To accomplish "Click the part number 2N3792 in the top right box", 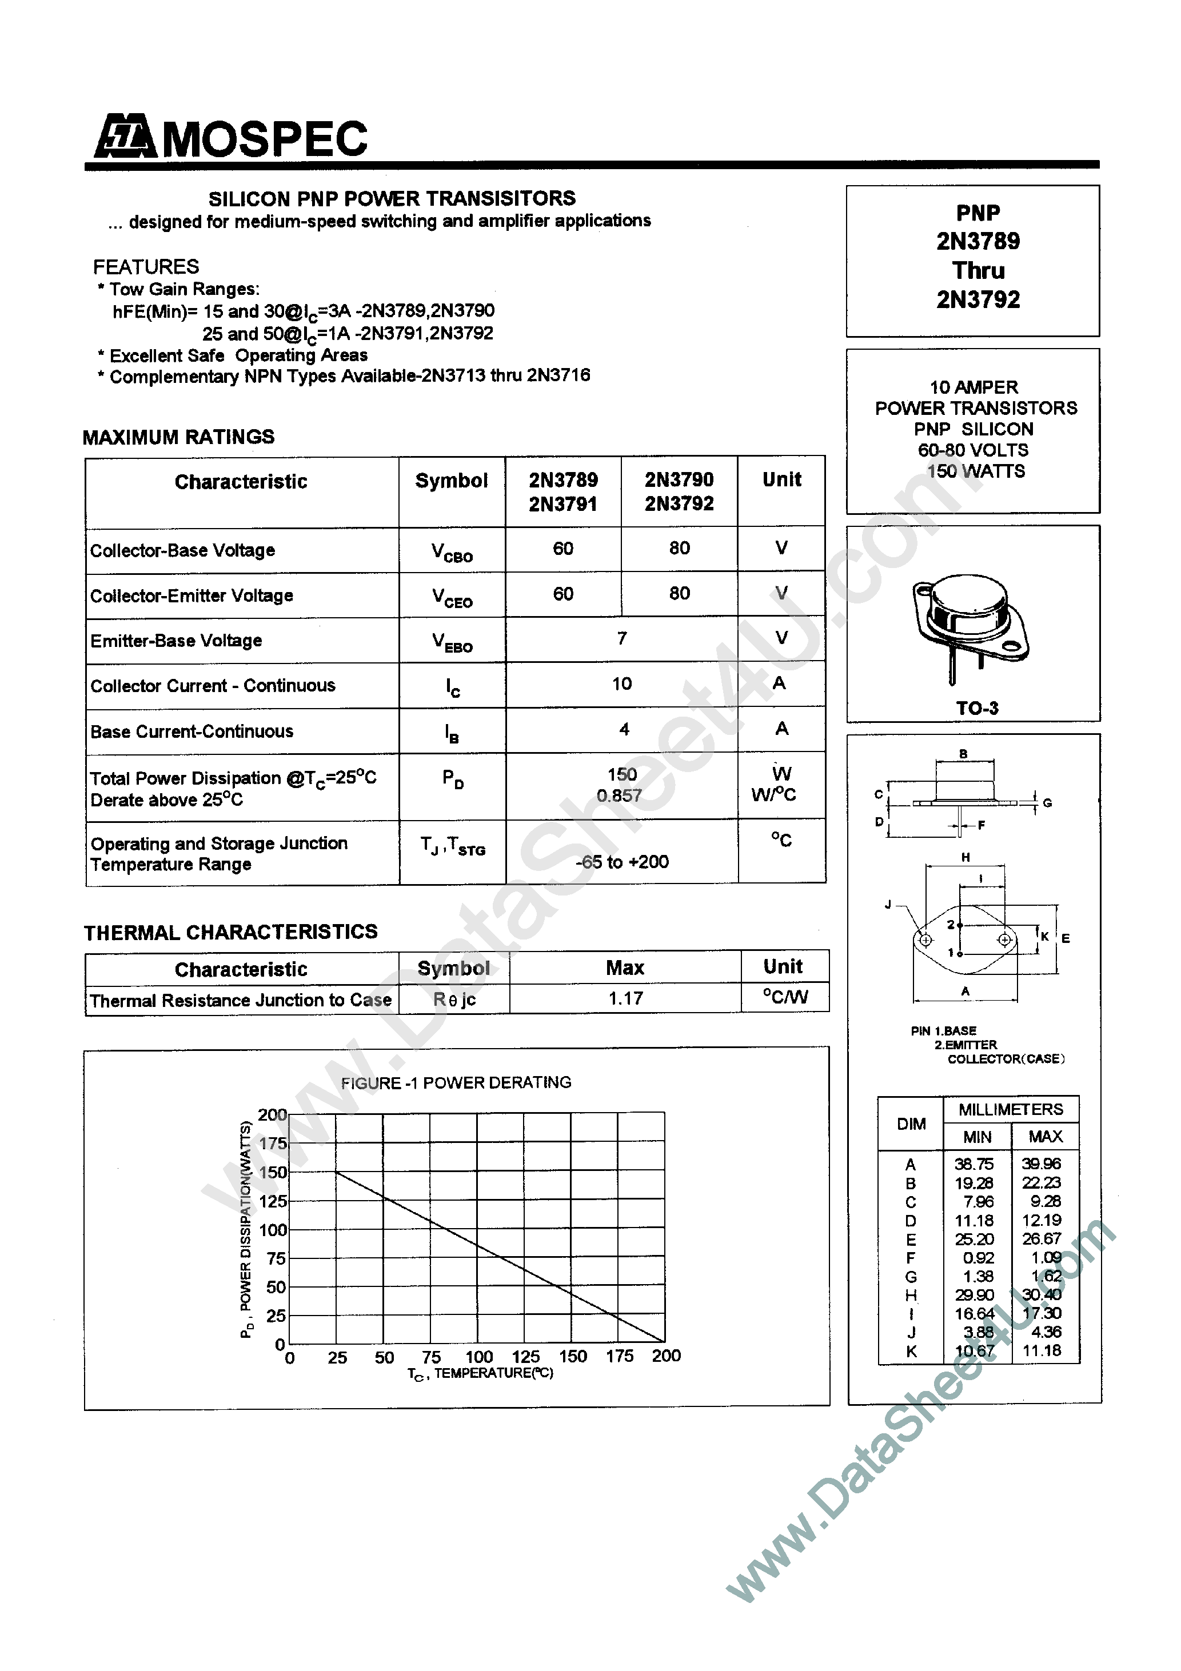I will point(978,299).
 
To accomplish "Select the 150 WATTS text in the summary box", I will point(976,471).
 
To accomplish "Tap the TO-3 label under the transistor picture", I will point(977,707).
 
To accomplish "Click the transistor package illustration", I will point(971,626).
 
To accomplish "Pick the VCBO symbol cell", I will point(452,551).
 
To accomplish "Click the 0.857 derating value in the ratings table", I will point(620,795).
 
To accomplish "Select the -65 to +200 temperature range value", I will point(622,862).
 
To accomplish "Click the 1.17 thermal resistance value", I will point(625,998).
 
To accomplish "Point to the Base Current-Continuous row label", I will point(191,731).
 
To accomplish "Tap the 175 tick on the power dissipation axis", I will point(273,1144).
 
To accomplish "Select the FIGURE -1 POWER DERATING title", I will point(456,1082).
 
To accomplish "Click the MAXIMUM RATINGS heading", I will point(178,437).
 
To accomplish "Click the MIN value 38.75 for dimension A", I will point(974,1164).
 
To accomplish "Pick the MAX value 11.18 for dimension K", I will point(1041,1350).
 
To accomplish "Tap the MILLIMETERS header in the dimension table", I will point(1010,1109).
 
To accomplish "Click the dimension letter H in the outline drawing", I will point(965,857).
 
